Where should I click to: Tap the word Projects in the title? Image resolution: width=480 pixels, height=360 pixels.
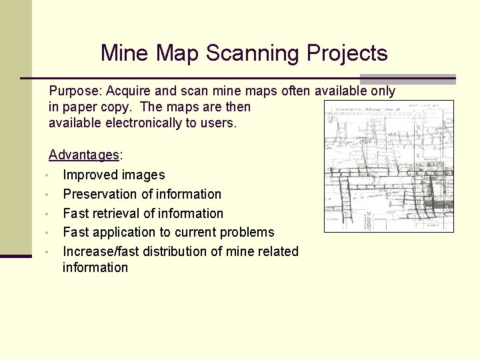(x=347, y=53)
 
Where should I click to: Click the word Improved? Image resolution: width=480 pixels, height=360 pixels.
(x=89, y=175)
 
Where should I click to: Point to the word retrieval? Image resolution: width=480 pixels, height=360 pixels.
(x=115, y=214)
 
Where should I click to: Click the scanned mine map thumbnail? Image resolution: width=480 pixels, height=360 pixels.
(x=389, y=166)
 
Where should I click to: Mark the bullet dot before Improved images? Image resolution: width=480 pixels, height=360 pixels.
(x=43, y=176)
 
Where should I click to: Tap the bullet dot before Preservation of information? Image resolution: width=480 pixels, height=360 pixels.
(x=43, y=195)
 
